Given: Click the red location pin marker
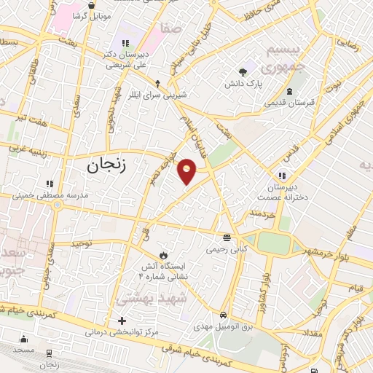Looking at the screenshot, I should pyautogui.click(x=187, y=171).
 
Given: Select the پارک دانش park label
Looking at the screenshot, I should pyautogui.click(x=243, y=85).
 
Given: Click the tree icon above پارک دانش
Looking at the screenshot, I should pyautogui.click(x=243, y=71).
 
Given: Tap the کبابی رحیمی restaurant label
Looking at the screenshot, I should pyautogui.click(x=228, y=249).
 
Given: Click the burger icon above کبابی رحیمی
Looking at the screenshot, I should pyautogui.click(x=228, y=237).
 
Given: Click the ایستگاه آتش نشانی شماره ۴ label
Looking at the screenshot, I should pyautogui.click(x=163, y=272).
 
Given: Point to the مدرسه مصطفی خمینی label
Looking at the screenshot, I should pyautogui.click(x=50, y=196).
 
